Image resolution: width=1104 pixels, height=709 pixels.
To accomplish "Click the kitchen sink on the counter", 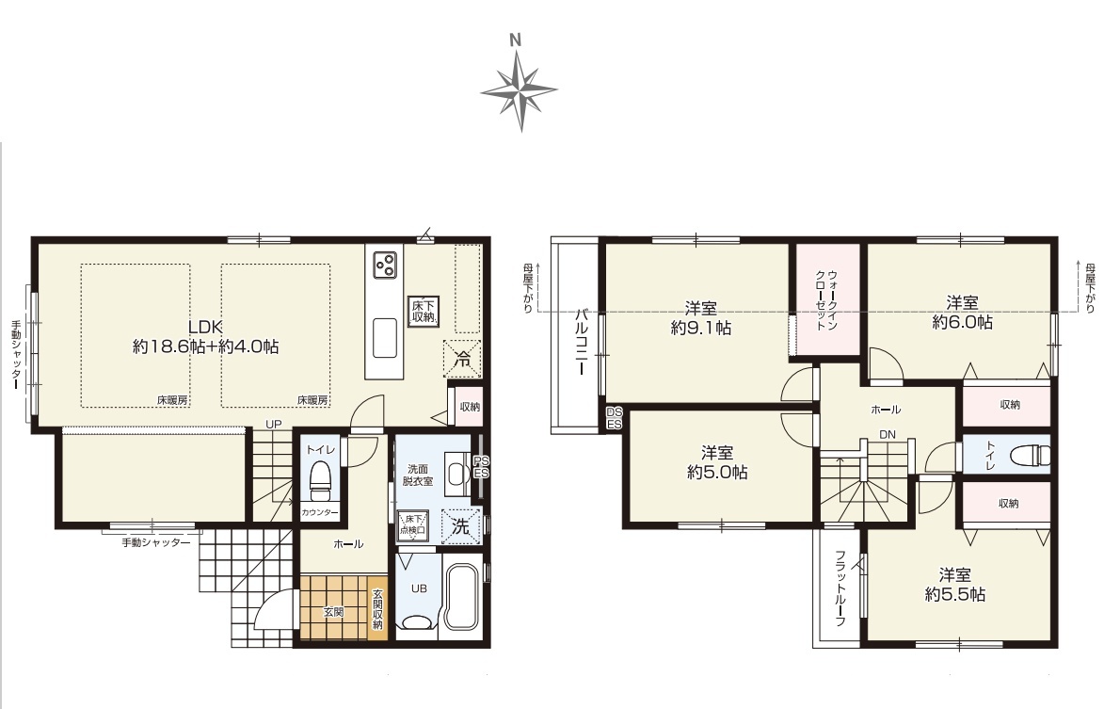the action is pyautogui.click(x=384, y=339).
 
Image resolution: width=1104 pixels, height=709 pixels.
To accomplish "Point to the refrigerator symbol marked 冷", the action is pyautogui.click(x=462, y=359).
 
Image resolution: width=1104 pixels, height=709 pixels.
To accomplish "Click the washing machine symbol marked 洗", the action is pyautogui.click(x=460, y=526).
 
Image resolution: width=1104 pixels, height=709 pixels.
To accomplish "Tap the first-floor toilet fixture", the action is pyautogui.click(x=320, y=475).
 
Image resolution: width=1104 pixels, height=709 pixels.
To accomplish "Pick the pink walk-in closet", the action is pyautogui.click(x=828, y=300).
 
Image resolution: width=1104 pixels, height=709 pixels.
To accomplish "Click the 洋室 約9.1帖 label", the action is pyautogui.click(x=701, y=317).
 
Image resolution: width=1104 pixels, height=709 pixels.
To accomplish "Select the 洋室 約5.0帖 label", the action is pyautogui.click(x=717, y=462).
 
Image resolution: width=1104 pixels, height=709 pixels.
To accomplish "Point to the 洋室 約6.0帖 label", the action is pyautogui.click(x=963, y=313).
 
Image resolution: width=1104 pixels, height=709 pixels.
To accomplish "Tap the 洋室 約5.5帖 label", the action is pyautogui.click(x=954, y=585).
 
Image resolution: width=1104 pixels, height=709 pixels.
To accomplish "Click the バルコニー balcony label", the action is pyautogui.click(x=582, y=342).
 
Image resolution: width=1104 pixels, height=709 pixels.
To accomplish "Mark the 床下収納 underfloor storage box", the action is pyautogui.click(x=424, y=312).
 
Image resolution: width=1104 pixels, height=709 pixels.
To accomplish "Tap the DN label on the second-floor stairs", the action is pyautogui.click(x=888, y=434).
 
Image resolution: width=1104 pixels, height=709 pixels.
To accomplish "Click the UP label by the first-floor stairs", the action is pyautogui.click(x=273, y=424).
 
